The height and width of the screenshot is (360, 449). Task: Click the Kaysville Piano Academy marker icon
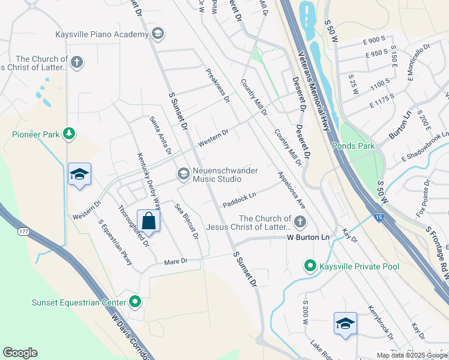[x=157, y=34]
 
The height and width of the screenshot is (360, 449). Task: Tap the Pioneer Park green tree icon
[x=70, y=134]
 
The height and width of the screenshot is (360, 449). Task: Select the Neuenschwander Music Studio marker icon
[x=183, y=174]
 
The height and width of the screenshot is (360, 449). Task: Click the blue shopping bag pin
[x=148, y=220]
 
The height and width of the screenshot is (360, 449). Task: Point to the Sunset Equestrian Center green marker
[x=134, y=301]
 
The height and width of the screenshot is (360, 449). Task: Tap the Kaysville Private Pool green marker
[x=310, y=265]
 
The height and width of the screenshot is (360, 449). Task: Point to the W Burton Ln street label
[x=309, y=238]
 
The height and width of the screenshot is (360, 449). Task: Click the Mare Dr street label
[x=176, y=262]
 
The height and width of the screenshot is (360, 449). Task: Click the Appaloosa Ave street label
[x=292, y=191]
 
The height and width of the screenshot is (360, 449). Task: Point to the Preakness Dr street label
[x=218, y=85]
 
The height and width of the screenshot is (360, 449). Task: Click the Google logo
[x=20, y=353]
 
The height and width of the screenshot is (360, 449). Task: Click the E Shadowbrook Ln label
[x=425, y=147]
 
